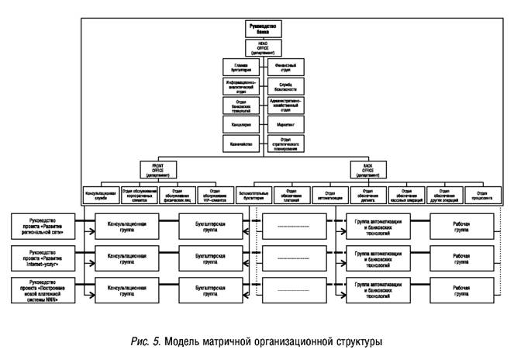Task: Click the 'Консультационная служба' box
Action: pos(99,194)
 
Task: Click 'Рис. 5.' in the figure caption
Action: pos(146,342)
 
